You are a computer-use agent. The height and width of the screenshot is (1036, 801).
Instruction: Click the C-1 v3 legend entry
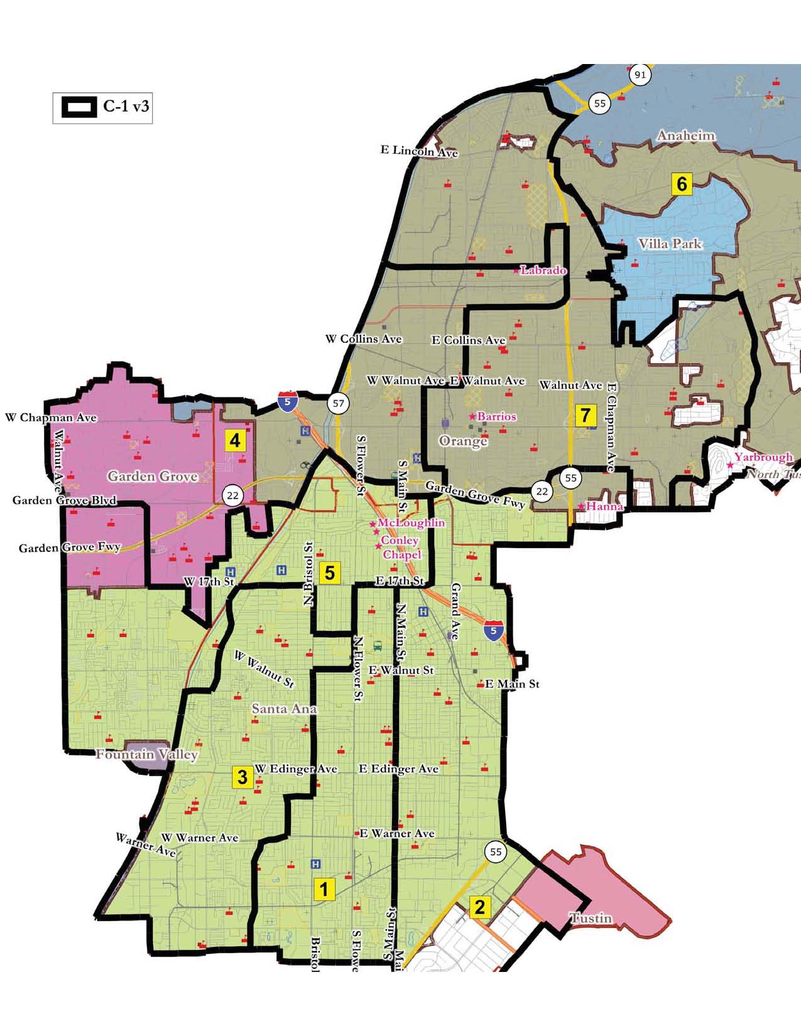coord(103,107)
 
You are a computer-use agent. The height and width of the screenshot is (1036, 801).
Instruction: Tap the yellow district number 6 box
coord(682,184)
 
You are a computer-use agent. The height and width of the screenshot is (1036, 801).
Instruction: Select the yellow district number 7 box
coord(586,415)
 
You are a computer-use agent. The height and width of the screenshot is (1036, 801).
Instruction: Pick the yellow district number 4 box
coord(235,440)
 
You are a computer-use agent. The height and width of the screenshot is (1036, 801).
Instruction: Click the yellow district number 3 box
coord(242,777)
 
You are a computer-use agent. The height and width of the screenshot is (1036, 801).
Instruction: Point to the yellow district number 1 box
coord(324,889)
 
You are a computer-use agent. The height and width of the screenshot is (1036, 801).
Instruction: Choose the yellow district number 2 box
coord(480,907)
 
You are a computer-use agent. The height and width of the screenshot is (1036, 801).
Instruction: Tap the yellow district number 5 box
coord(329,573)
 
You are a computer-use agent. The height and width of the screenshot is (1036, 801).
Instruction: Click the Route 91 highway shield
coord(640,75)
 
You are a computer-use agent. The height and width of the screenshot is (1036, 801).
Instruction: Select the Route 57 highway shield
coord(339,403)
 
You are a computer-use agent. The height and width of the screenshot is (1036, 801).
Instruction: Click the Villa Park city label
coord(670,244)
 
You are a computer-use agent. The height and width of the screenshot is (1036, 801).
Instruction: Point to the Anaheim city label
coord(685,136)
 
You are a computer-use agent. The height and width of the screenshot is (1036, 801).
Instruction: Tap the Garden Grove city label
coord(153,476)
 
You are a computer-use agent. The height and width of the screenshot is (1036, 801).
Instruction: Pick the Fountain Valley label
coord(146,754)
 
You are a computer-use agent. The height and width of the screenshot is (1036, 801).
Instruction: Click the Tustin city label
coord(591,918)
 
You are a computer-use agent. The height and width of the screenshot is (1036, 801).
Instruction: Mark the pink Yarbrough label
coord(763,457)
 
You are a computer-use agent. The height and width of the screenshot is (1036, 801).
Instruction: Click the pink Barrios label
coord(496,416)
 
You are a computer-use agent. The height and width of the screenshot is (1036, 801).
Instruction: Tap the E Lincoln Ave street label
coord(419,151)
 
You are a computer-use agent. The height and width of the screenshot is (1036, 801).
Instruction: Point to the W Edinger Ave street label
coord(296,769)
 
